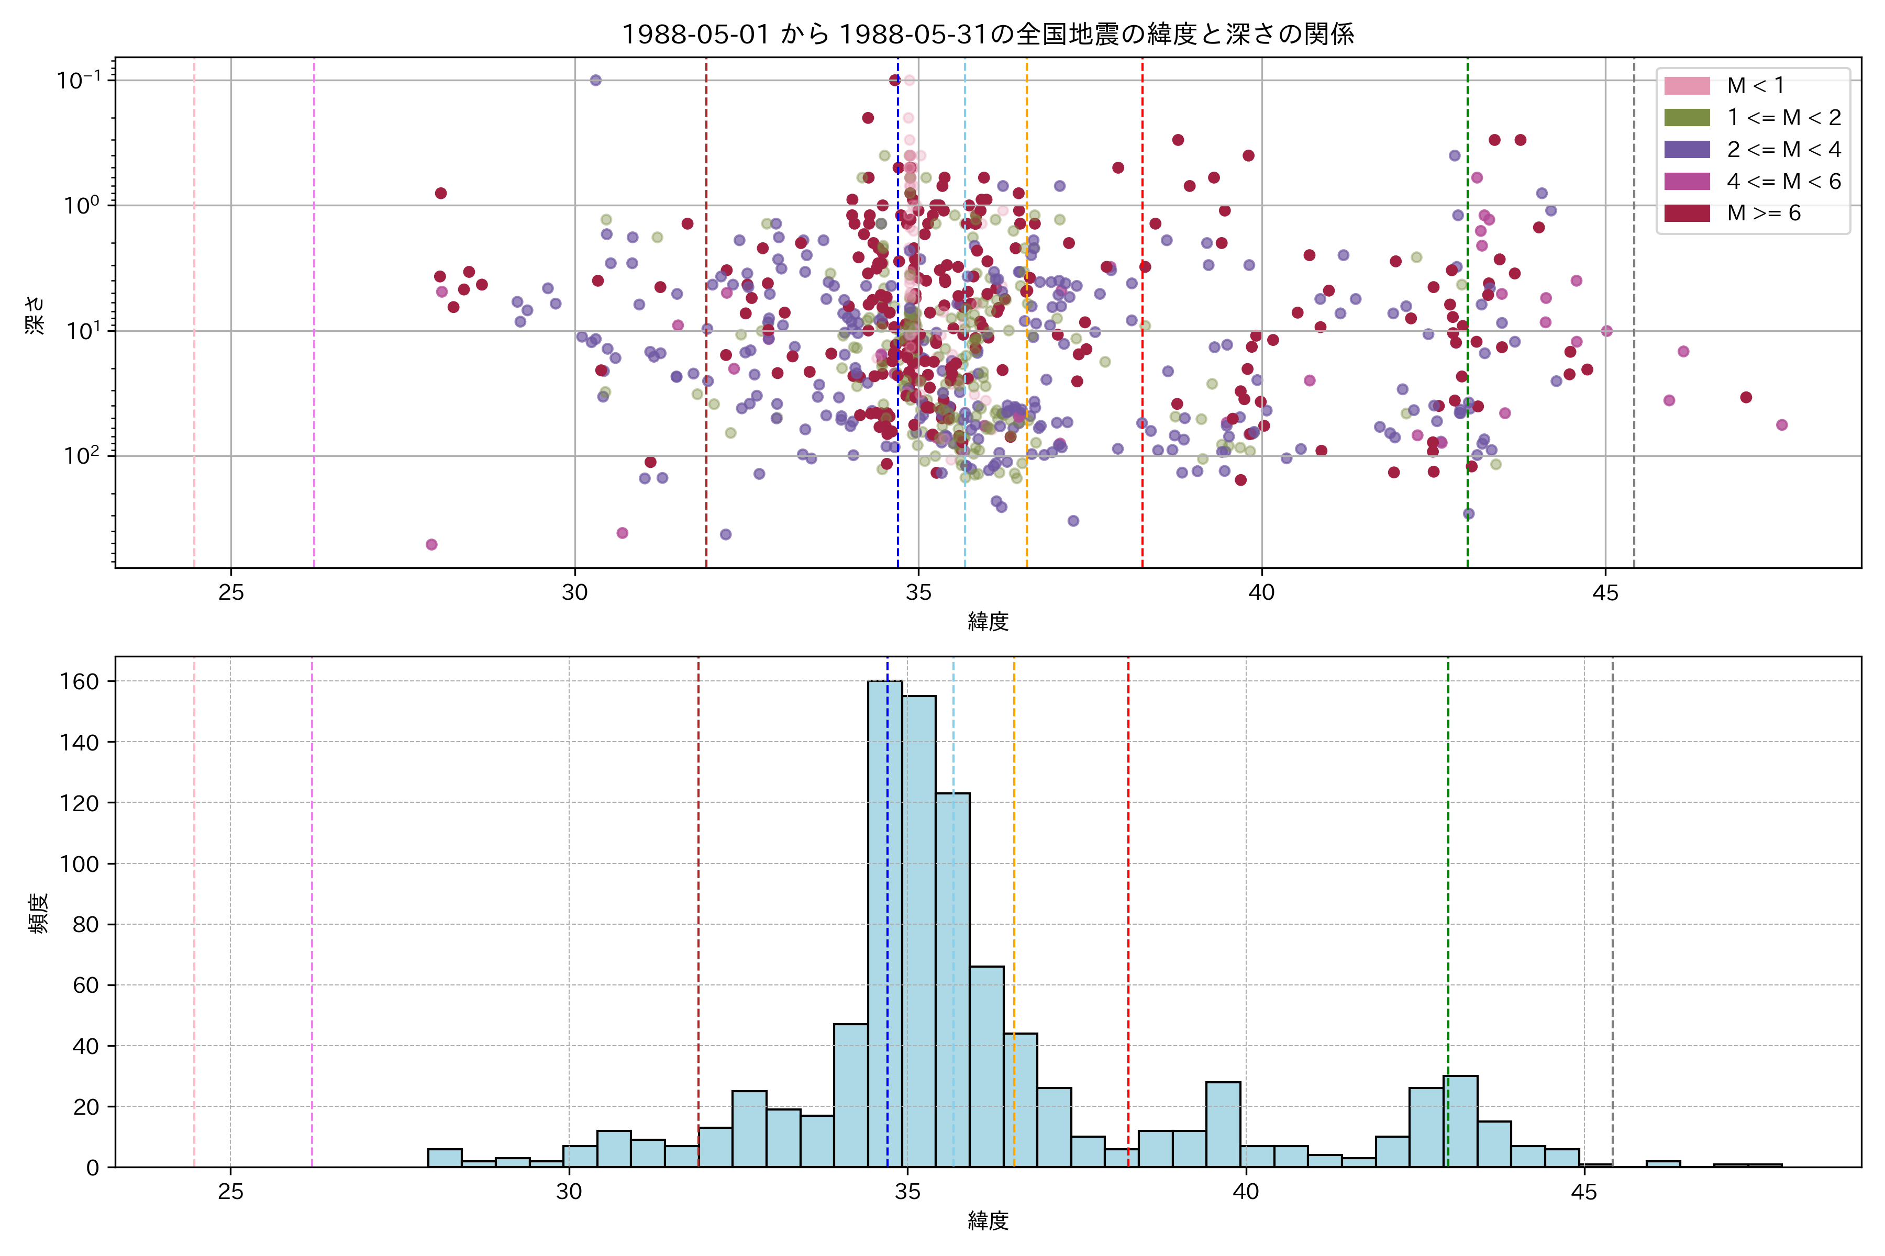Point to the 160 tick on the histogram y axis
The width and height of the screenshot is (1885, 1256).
click(x=80, y=682)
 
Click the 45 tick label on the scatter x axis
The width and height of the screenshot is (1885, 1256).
click(x=1605, y=593)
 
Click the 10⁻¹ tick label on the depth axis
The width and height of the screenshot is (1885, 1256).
click(x=79, y=80)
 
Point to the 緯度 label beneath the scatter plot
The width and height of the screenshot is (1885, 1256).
click(x=988, y=622)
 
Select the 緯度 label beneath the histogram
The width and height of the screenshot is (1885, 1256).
click(x=988, y=1221)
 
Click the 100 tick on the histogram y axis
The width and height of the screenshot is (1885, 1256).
click(x=80, y=863)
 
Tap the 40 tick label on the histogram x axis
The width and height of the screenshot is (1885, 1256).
click(x=1246, y=1192)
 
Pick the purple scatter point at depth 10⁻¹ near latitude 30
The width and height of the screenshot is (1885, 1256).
click(x=595, y=80)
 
